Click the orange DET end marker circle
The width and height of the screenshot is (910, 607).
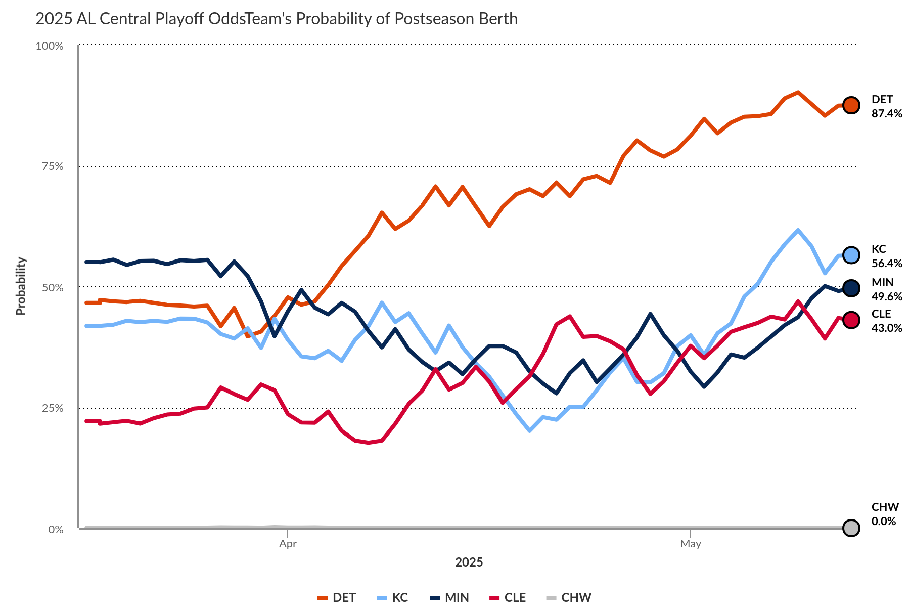click(x=851, y=105)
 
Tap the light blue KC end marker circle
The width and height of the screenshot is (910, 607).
click(x=851, y=255)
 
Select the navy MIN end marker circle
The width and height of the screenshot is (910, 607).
click(x=851, y=288)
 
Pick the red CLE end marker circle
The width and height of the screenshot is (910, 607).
click(x=851, y=320)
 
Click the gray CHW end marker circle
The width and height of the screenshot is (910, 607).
click(x=851, y=528)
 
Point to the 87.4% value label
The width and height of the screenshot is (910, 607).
click(x=887, y=114)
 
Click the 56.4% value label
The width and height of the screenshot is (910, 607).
click(x=887, y=264)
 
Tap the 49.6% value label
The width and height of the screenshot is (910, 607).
click(x=887, y=297)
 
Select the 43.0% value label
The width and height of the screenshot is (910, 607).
click(x=887, y=328)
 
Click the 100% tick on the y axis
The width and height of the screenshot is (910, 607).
click(x=50, y=46)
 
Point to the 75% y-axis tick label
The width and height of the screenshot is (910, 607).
click(x=53, y=166)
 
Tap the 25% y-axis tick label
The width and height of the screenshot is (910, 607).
click(x=53, y=408)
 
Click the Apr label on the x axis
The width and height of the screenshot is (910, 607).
click(x=288, y=544)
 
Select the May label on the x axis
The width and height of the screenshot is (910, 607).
click(x=690, y=544)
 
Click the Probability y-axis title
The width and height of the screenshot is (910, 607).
click(x=21, y=286)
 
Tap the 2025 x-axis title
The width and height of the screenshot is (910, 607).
click(x=469, y=562)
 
